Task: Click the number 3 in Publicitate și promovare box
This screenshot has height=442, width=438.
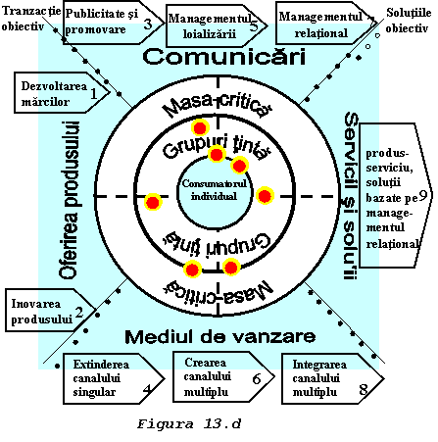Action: pos(148,24)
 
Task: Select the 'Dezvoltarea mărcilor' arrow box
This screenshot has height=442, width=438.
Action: pos(62,93)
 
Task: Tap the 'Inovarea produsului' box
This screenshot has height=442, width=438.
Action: pos(50,310)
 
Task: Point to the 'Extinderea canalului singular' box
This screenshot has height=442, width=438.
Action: pos(114,378)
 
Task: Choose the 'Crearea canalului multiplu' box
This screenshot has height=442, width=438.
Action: pos(223,376)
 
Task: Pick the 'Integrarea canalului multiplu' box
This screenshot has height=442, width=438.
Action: pos(332,378)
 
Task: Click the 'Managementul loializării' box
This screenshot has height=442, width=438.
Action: pos(217,25)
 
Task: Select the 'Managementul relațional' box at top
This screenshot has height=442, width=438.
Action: pos(326,23)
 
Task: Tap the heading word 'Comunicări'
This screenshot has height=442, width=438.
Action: pos(224,57)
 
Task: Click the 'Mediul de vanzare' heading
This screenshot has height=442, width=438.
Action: pos(220,336)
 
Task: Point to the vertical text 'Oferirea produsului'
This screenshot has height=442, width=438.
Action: pos(70,200)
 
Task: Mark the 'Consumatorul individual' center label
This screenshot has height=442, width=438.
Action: pos(215,190)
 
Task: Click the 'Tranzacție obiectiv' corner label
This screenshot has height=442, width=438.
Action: pos(31,19)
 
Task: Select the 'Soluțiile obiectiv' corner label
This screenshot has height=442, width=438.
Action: pos(409,21)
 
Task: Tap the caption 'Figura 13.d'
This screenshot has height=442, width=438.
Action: pos(189,424)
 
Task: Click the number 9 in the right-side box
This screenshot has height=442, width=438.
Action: pos(423,195)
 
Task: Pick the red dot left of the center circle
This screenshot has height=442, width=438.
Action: pos(153,202)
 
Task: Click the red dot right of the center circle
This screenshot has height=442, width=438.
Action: pos(265,196)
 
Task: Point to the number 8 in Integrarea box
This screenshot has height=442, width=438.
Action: pos(364,389)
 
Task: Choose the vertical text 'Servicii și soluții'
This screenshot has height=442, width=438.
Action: pos(351,196)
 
